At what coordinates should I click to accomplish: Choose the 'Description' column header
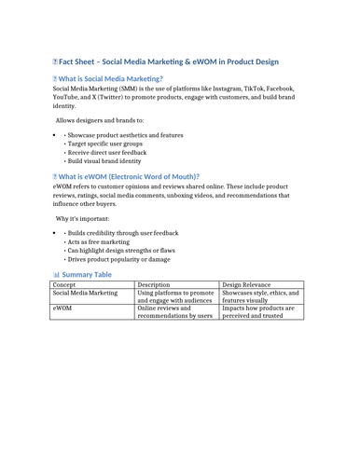click(153, 285)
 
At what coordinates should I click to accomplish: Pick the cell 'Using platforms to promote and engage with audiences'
click(174, 301)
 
